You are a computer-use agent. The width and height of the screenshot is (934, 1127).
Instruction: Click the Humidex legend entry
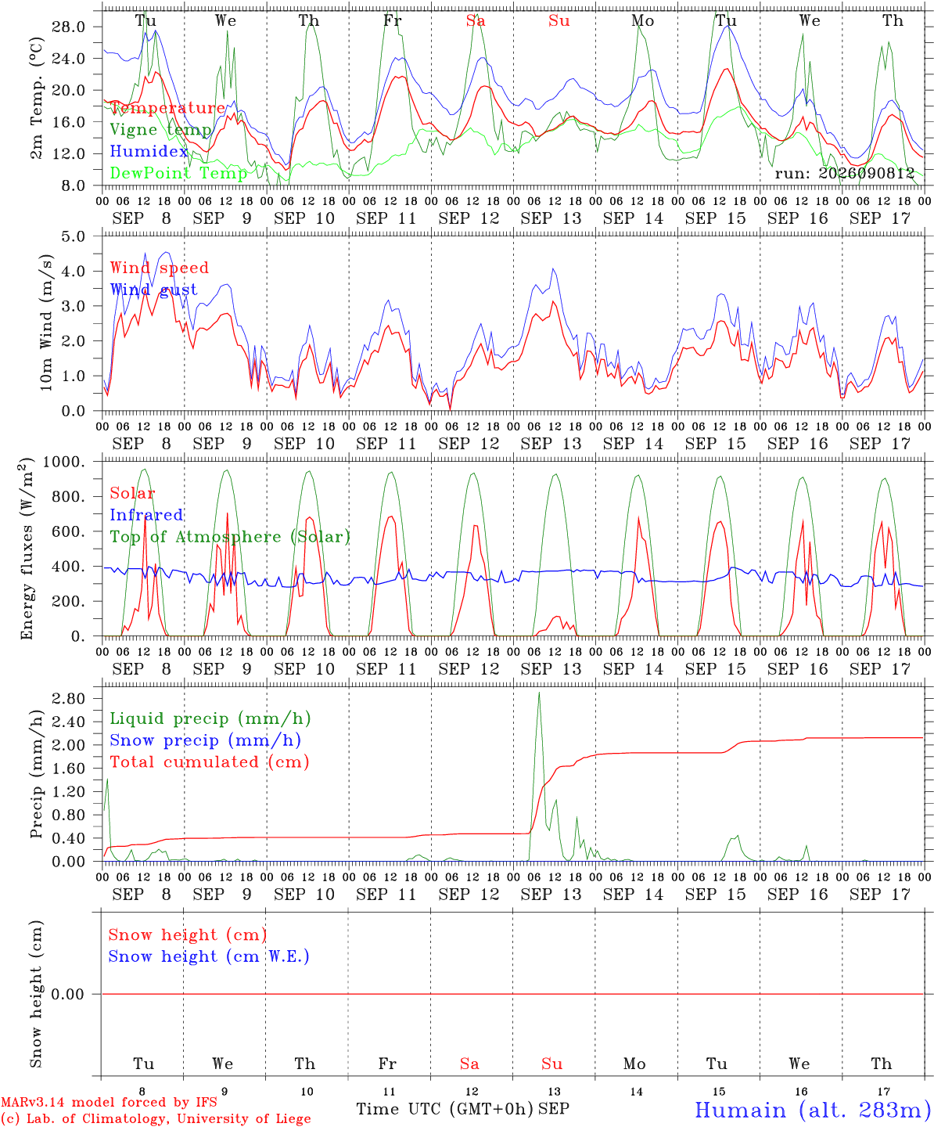click(x=149, y=151)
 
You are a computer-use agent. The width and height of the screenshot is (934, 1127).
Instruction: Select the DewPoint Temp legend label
click(x=178, y=173)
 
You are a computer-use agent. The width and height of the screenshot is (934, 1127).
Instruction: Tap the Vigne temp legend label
click(x=161, y=130)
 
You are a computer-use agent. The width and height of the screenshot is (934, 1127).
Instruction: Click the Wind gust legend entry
click(x=154, y=290)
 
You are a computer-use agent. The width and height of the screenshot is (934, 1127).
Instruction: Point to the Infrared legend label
click(x=146, y=515)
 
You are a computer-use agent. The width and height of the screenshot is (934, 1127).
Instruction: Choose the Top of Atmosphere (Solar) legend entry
click(x=231, y=537)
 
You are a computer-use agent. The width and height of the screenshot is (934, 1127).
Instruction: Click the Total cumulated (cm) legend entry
click(x=210, y=762)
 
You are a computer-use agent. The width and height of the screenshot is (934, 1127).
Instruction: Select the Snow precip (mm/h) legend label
click(x=206, y=740)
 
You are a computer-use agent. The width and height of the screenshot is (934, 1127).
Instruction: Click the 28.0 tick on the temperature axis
click(x=69, y=27)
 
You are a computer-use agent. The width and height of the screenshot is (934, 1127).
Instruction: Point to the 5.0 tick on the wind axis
click(x=74, y=236)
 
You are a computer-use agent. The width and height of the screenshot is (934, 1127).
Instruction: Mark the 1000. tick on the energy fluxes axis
click(x=64, y=462)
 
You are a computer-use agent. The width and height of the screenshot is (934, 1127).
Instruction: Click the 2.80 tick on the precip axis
click(x=69, y=698)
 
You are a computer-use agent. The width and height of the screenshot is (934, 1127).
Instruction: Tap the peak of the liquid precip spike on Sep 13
click(x=539, y=693)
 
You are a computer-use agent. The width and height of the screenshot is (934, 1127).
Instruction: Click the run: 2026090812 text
click(x=845, y=173)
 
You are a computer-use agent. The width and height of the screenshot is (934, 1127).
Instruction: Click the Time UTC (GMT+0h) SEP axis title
click(x=463, y=1109)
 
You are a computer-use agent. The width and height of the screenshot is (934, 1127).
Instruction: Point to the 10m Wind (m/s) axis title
click(x=46, y=322)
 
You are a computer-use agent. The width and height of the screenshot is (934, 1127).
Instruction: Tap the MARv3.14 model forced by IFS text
click(x=109, y=1102)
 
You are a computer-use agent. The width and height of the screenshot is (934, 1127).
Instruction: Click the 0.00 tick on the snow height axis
click(x=69, y=994)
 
